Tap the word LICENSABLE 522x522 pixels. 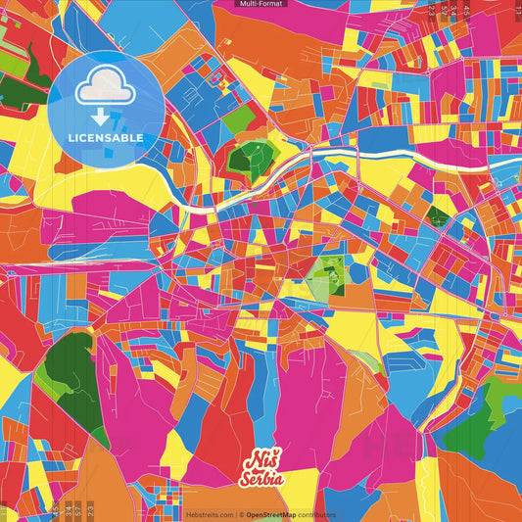coord(105,138)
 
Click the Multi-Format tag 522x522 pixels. coord(261,4)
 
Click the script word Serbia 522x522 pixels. coord(261,479)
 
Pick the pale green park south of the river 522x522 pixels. coord(327,278)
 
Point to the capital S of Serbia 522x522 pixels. coord(246,479)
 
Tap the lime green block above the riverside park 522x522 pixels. coord(238,120)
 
